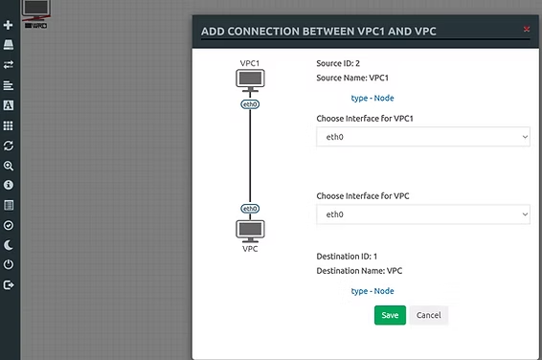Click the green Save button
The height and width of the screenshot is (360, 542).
pos(390,315)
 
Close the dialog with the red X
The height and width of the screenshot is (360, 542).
pos(527,29)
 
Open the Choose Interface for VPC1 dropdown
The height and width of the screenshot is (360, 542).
pos(423,137)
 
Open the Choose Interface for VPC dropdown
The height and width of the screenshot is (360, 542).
pos(423,214)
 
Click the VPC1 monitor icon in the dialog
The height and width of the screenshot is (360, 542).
pos(250,80)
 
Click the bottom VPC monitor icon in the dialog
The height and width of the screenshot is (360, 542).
pos(250,231)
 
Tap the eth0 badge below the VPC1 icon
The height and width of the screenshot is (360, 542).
pos(250,104)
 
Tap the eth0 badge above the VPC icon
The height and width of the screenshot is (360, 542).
pos(250,209)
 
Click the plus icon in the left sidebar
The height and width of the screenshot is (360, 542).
pos(9,25)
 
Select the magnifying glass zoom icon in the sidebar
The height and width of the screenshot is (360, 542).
pos(9,167)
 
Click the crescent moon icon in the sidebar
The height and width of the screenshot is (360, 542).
pos(9,245)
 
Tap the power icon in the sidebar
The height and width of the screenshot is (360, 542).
pos(9,264)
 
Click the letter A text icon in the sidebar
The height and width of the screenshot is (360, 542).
pos(9,105)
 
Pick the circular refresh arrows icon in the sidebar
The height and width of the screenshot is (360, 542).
pos(9,146)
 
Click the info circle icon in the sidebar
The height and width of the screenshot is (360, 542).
pos(9,185)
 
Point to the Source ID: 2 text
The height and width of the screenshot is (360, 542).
pos(338,63)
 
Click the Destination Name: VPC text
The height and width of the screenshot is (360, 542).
pos(359,271)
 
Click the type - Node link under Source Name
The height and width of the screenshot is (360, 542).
pos(373,99)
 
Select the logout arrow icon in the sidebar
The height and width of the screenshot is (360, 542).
pos(9,285)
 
